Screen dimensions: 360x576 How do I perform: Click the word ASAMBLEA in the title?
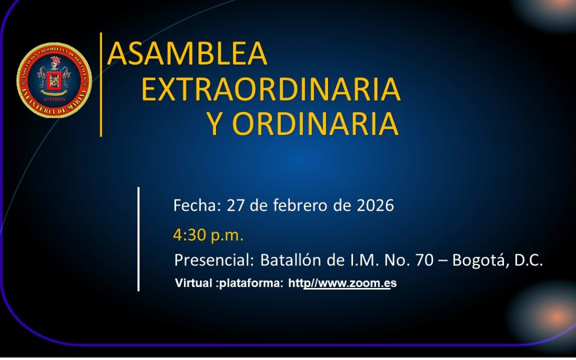click(187, 53)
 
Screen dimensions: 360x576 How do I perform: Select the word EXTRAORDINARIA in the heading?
click(270, 89)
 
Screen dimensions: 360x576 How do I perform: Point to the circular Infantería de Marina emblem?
click(54, 80)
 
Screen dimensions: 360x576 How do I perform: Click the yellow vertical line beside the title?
click(101, 84)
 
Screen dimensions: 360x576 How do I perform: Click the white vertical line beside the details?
click(139, 239)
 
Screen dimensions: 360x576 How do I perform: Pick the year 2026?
click(375, 205)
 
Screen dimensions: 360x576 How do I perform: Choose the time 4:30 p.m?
click(208, 234)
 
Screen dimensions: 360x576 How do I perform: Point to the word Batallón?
click(291, 261)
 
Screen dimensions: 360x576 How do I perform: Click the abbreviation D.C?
click(529, 261)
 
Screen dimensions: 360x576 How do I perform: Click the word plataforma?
click(251, 283)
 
